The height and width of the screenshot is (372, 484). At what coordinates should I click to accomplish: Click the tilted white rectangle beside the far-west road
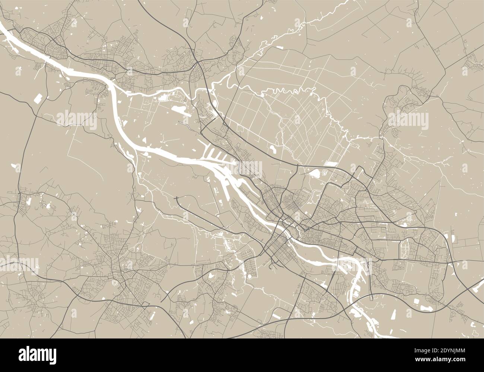pyautogui.click(x=38, y=99)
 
